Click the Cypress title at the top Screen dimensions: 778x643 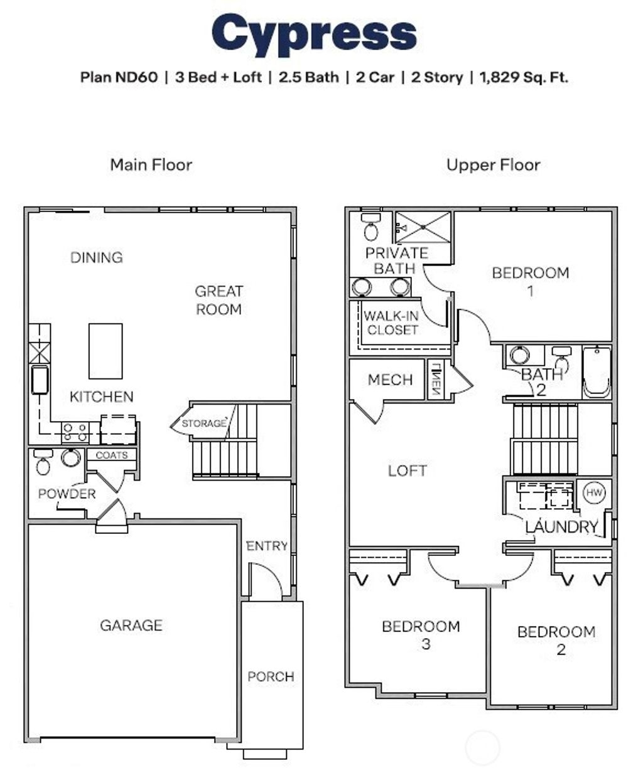click(314, 35)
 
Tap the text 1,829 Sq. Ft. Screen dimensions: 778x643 click(524, 78)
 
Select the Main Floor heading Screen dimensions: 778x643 click(151, 165)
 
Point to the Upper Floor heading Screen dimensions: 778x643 click(493, 165)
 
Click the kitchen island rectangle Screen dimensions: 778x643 click(105, 351)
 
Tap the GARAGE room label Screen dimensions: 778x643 click(131, 625)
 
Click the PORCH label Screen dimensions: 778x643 click(271, 676)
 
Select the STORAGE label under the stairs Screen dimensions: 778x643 click(203, 424)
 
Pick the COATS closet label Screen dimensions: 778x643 click(112, 455)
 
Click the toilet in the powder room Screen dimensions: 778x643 click(43, 464)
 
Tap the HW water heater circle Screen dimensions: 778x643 click(593, 493)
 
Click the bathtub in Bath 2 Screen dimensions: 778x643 click(597, 371)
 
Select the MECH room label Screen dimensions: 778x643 click(390, 380)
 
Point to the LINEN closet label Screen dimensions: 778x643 click(435, 379)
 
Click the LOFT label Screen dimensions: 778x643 click(408, 471)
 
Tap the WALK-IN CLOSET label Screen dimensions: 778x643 click(392, 323)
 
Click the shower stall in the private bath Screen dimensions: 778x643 click(423, 227)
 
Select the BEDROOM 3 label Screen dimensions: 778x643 click(421, 634)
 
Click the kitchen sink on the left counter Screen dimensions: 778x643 click(40, 380)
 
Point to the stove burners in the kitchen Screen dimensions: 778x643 click(75, 432)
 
